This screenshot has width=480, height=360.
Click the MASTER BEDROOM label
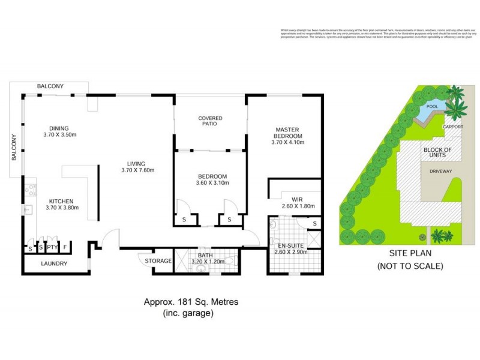coord(288,133)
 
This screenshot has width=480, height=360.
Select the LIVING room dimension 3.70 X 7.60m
coord(138,170)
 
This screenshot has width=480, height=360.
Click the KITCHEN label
coord(62,201)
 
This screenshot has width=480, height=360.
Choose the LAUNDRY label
coord(54,263)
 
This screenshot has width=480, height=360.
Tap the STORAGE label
coord(158,261)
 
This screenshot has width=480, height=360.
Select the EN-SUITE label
coord(290,245)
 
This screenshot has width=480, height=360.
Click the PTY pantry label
coord(52,247)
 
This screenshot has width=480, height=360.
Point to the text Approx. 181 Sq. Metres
coord(190,302)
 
